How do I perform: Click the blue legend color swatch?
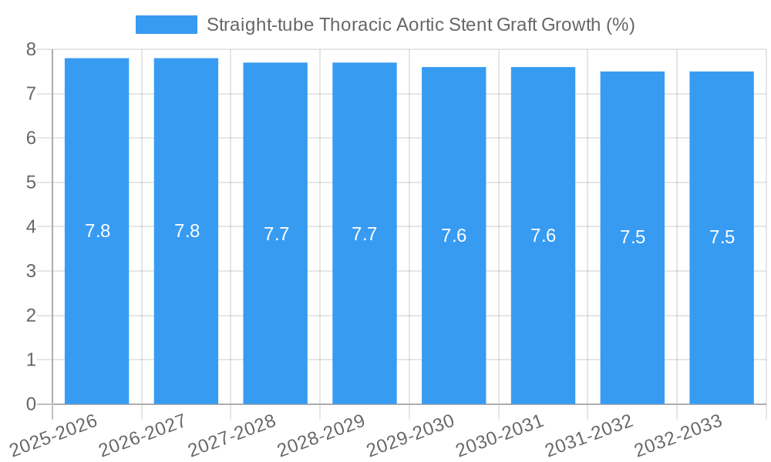pyautogui.click(x=166, y=25)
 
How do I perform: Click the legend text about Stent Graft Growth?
pyautogui.click(x=420, y=25)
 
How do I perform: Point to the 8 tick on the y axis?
pyautogui.click(x=31, y=50)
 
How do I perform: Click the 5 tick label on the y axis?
pyautogui.click(x=31, y=183)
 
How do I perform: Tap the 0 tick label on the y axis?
pyautogui.click(x=31, y=404)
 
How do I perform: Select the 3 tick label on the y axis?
pyautogui.click(x=31, y=272)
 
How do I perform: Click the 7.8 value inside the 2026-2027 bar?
pyautogui.click(x=187, y=231)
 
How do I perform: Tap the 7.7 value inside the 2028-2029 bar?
pyautogui.click(x=365, y=234)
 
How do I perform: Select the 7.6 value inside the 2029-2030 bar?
pyautogui.click(x=454, y=236)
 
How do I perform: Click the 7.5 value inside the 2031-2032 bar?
pyautogui.click(x=632, y=237)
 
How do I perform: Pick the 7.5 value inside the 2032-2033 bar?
pyautogui.click(x=722, y=237)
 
